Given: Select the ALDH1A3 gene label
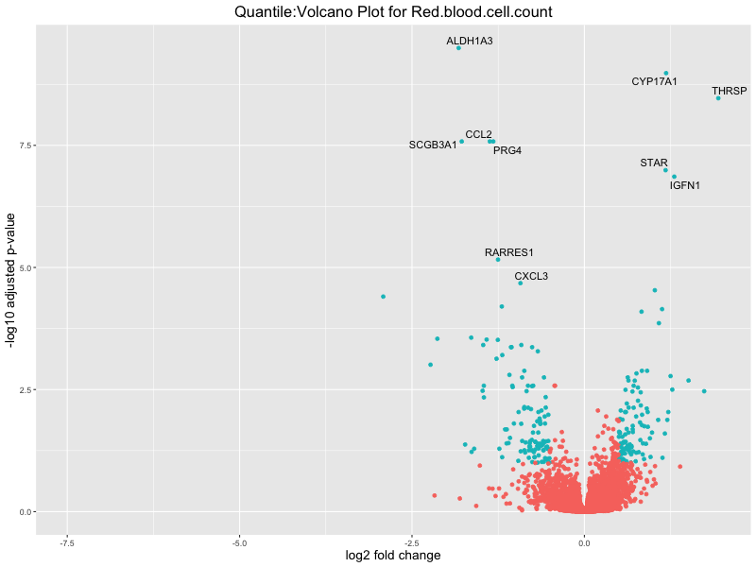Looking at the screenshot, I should [x=470, y=42].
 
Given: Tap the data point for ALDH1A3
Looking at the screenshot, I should [x=458, y=47].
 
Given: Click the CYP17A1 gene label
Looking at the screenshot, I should [x=654, y=82].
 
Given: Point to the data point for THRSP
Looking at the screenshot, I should [x=718, y=98].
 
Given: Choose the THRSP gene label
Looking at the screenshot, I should [x=729, y=92].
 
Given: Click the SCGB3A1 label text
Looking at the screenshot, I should [x=433, y=146].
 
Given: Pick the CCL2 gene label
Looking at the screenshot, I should [x=478, y=135].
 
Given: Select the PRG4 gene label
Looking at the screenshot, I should [x=507, y=150].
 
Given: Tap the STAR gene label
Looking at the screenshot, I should [x=654, y=163].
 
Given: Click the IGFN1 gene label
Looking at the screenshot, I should [x=685, y=185].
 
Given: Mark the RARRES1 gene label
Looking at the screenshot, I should [x=509, y=253].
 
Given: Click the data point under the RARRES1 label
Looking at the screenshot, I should [x=498, y=259].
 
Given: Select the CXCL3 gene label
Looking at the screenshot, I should [x=531, y=277].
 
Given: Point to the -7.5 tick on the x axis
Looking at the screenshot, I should [x=66, y=542].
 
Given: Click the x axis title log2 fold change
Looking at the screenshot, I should [x=393, y=556].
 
